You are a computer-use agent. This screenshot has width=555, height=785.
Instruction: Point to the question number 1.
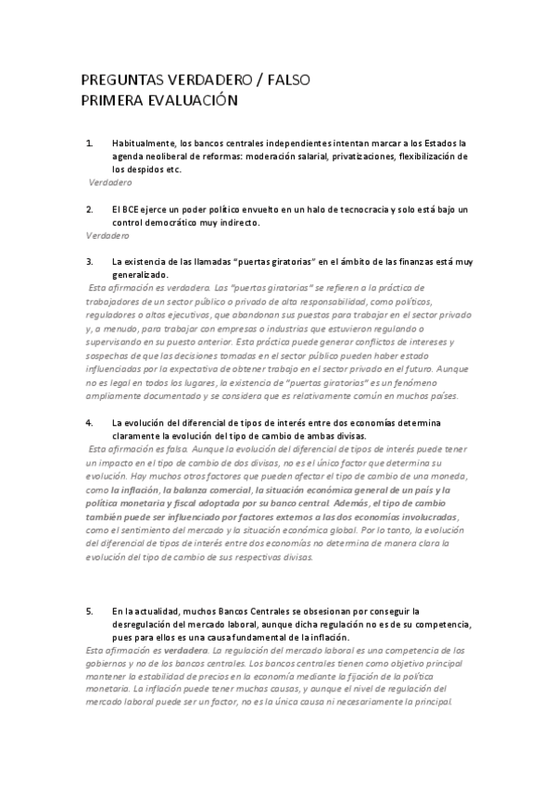coord(89,143)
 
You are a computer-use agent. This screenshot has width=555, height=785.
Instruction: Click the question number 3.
coord(89,262)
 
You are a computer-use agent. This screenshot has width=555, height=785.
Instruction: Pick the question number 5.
coord(89,611)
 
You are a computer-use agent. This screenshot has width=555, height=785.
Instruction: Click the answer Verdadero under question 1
coord(110,183)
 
